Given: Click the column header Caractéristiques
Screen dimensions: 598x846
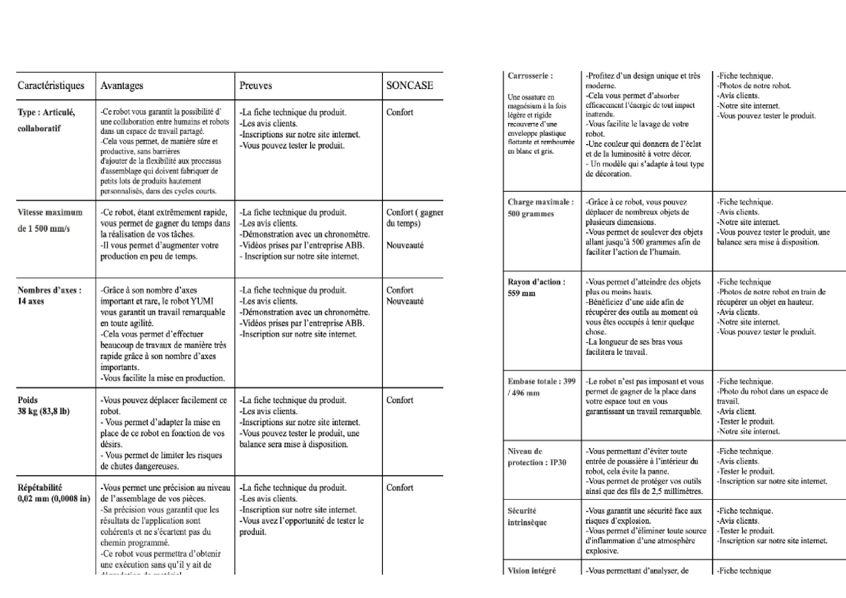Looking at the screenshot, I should (x=51, y=85).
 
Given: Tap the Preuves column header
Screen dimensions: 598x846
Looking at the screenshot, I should (x=256, y=85).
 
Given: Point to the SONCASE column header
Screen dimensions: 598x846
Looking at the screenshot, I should (x=409, y=85).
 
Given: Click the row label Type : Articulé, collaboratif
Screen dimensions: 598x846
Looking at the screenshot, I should (x=46, y=120).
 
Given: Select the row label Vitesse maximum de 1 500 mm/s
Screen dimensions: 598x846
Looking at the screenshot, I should (x=50, y=220).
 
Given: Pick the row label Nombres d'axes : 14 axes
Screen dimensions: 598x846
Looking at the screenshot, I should (x=49, y=296).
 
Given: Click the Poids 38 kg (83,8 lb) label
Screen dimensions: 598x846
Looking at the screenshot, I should (x=43, y=406).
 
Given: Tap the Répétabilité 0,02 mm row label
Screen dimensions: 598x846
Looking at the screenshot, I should (x=53, y=493).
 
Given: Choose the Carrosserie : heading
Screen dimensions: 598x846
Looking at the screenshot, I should (x=530, y=76).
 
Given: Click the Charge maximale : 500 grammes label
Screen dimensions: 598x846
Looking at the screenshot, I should (x=541, y=208).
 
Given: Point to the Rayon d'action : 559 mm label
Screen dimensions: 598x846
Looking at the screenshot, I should (x=536, y=287).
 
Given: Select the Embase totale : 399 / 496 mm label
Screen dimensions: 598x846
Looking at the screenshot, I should (x=541, y=387).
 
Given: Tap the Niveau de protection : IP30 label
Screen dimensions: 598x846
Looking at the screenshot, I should (x=537, y=457).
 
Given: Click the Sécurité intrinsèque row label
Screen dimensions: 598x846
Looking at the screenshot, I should (x=527, y=516).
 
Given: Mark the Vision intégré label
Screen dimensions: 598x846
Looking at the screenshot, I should (x=531, y=571).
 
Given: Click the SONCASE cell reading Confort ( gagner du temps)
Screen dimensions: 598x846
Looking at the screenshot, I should (x=414, y=218).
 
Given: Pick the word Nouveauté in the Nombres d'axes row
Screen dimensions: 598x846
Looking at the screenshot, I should (x=404, y=301).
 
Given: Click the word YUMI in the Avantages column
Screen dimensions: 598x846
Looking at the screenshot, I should (x=202, y=301).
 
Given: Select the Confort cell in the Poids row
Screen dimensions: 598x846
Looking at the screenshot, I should (x=400, y=400).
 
